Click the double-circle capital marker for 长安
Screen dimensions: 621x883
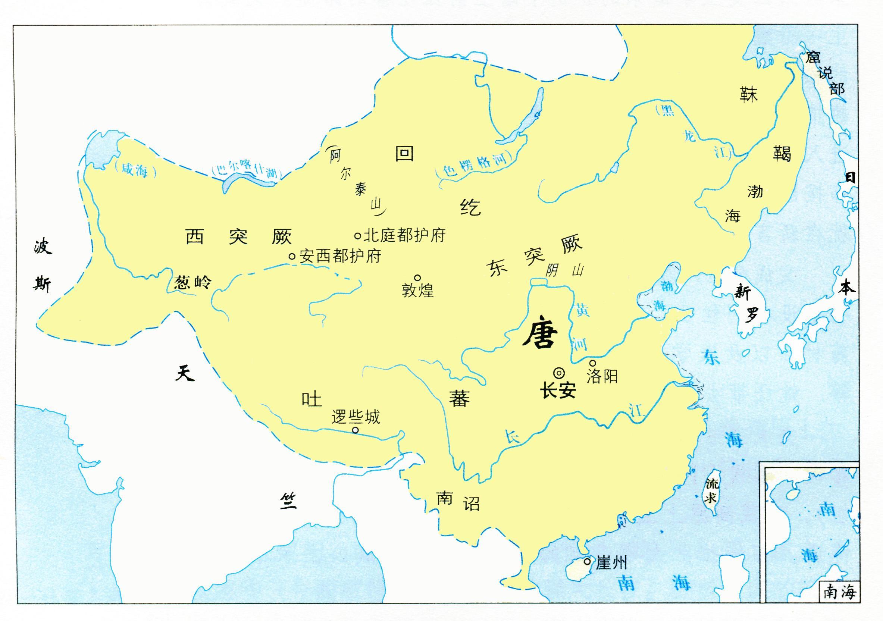coord(559,373)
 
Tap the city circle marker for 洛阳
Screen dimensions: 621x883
coord(593,363)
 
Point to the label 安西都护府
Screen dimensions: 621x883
coord(340,256)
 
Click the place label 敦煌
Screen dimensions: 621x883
coord(418,291)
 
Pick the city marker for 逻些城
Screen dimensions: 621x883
coord(356,430)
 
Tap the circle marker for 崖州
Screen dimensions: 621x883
coord(587,561)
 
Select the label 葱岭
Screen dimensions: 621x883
coord(192,283)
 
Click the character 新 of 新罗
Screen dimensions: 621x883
coord(743,293)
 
